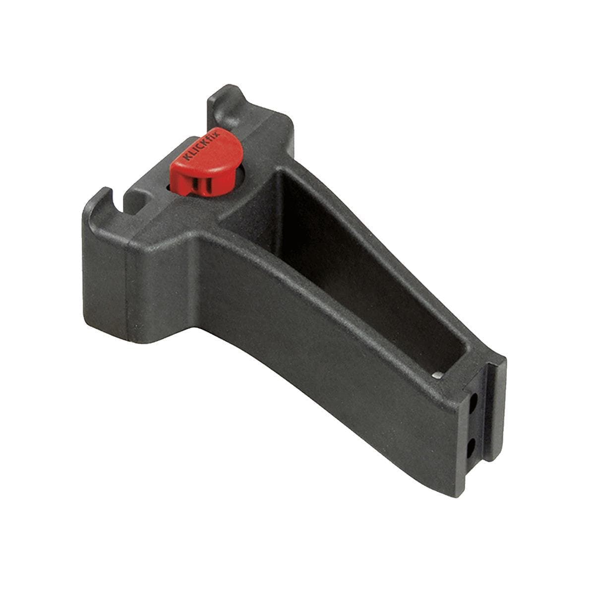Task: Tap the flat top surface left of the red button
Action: point(154,188)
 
